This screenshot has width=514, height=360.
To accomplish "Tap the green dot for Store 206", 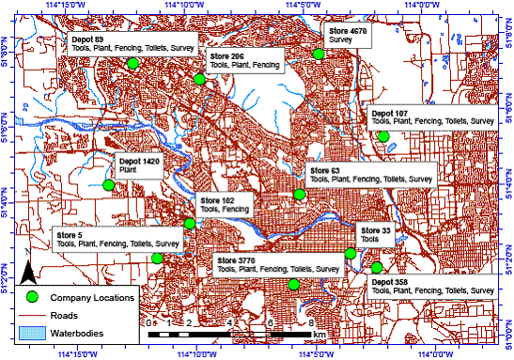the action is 199,79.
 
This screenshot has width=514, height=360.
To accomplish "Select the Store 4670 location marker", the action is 319,54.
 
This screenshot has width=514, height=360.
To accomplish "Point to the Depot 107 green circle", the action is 382,136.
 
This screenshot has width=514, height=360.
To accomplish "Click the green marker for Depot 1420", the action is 108,184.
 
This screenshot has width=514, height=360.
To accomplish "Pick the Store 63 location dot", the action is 299,195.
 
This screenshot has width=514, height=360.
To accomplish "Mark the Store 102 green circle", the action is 190,224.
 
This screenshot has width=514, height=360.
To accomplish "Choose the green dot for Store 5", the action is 157,258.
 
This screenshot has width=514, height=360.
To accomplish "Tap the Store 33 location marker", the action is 350,253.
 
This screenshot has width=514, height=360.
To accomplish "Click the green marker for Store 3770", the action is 293,284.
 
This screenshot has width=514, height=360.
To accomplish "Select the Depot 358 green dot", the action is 376,268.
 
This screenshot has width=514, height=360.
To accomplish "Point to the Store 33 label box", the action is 375,235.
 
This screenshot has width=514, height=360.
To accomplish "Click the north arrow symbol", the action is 30,273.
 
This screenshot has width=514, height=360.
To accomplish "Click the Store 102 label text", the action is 225,205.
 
